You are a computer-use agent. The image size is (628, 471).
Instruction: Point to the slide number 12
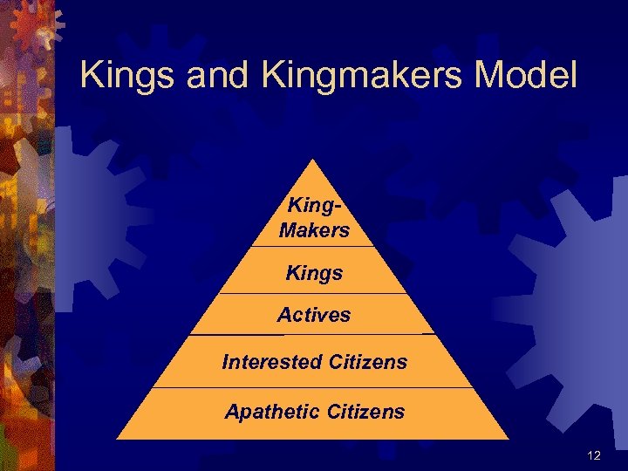point(594,455)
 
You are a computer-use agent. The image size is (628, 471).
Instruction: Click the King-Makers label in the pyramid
point(314,218)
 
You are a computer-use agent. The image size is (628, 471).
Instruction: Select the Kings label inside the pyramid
point(314,273)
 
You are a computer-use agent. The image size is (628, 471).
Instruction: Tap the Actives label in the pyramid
point(314,315)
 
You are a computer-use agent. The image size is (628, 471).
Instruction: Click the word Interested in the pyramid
point(271,361)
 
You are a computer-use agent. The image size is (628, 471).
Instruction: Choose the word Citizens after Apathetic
point(365,411)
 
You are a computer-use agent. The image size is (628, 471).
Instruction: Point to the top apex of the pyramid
point(313,160)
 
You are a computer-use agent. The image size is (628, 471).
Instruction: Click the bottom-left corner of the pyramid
point(119,438)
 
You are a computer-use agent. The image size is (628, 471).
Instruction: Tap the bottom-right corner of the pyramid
point(508,438)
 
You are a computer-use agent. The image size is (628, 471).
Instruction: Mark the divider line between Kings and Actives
point(313,294)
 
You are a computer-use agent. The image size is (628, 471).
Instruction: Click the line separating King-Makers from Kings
point(313,247)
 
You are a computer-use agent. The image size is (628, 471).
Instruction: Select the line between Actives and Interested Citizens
point(313,335)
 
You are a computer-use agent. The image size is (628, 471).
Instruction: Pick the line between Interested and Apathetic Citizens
point(313,387)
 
